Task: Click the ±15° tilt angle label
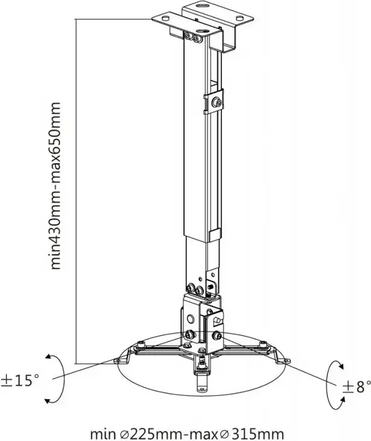click(19, 380)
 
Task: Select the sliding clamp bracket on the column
click(214, 101)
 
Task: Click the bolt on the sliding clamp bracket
click(217, 102)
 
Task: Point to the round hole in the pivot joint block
click(191, 319)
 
